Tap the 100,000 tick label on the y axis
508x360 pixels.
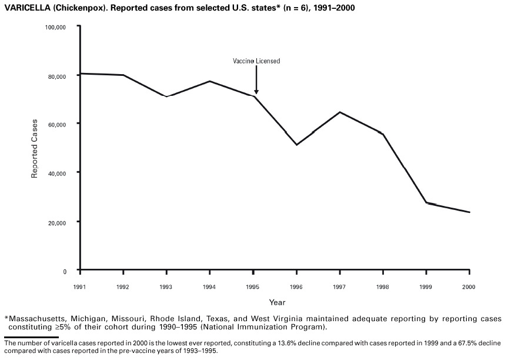62,27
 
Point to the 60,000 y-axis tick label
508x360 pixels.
63,124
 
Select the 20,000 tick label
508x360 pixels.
63,222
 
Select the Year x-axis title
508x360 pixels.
277,302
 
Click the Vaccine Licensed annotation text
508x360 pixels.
256,61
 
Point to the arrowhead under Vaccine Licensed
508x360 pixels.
256,91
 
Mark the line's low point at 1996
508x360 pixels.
297,145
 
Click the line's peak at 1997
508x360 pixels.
340,112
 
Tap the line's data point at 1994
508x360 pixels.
210,81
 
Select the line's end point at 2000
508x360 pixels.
469,212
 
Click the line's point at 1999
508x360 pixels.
426,202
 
